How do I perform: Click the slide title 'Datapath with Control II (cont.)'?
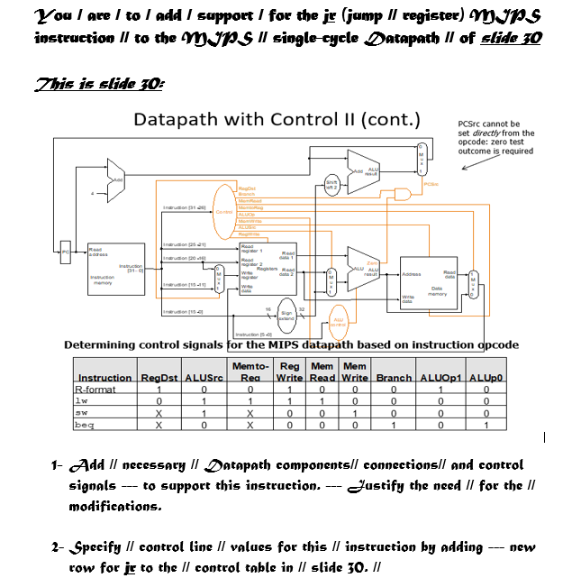coord(277,119)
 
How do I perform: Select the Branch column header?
coord(394,377)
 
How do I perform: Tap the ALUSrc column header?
coord(204,377)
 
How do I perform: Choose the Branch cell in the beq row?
coord(394,423)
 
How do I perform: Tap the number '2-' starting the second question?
coord(59,547)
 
